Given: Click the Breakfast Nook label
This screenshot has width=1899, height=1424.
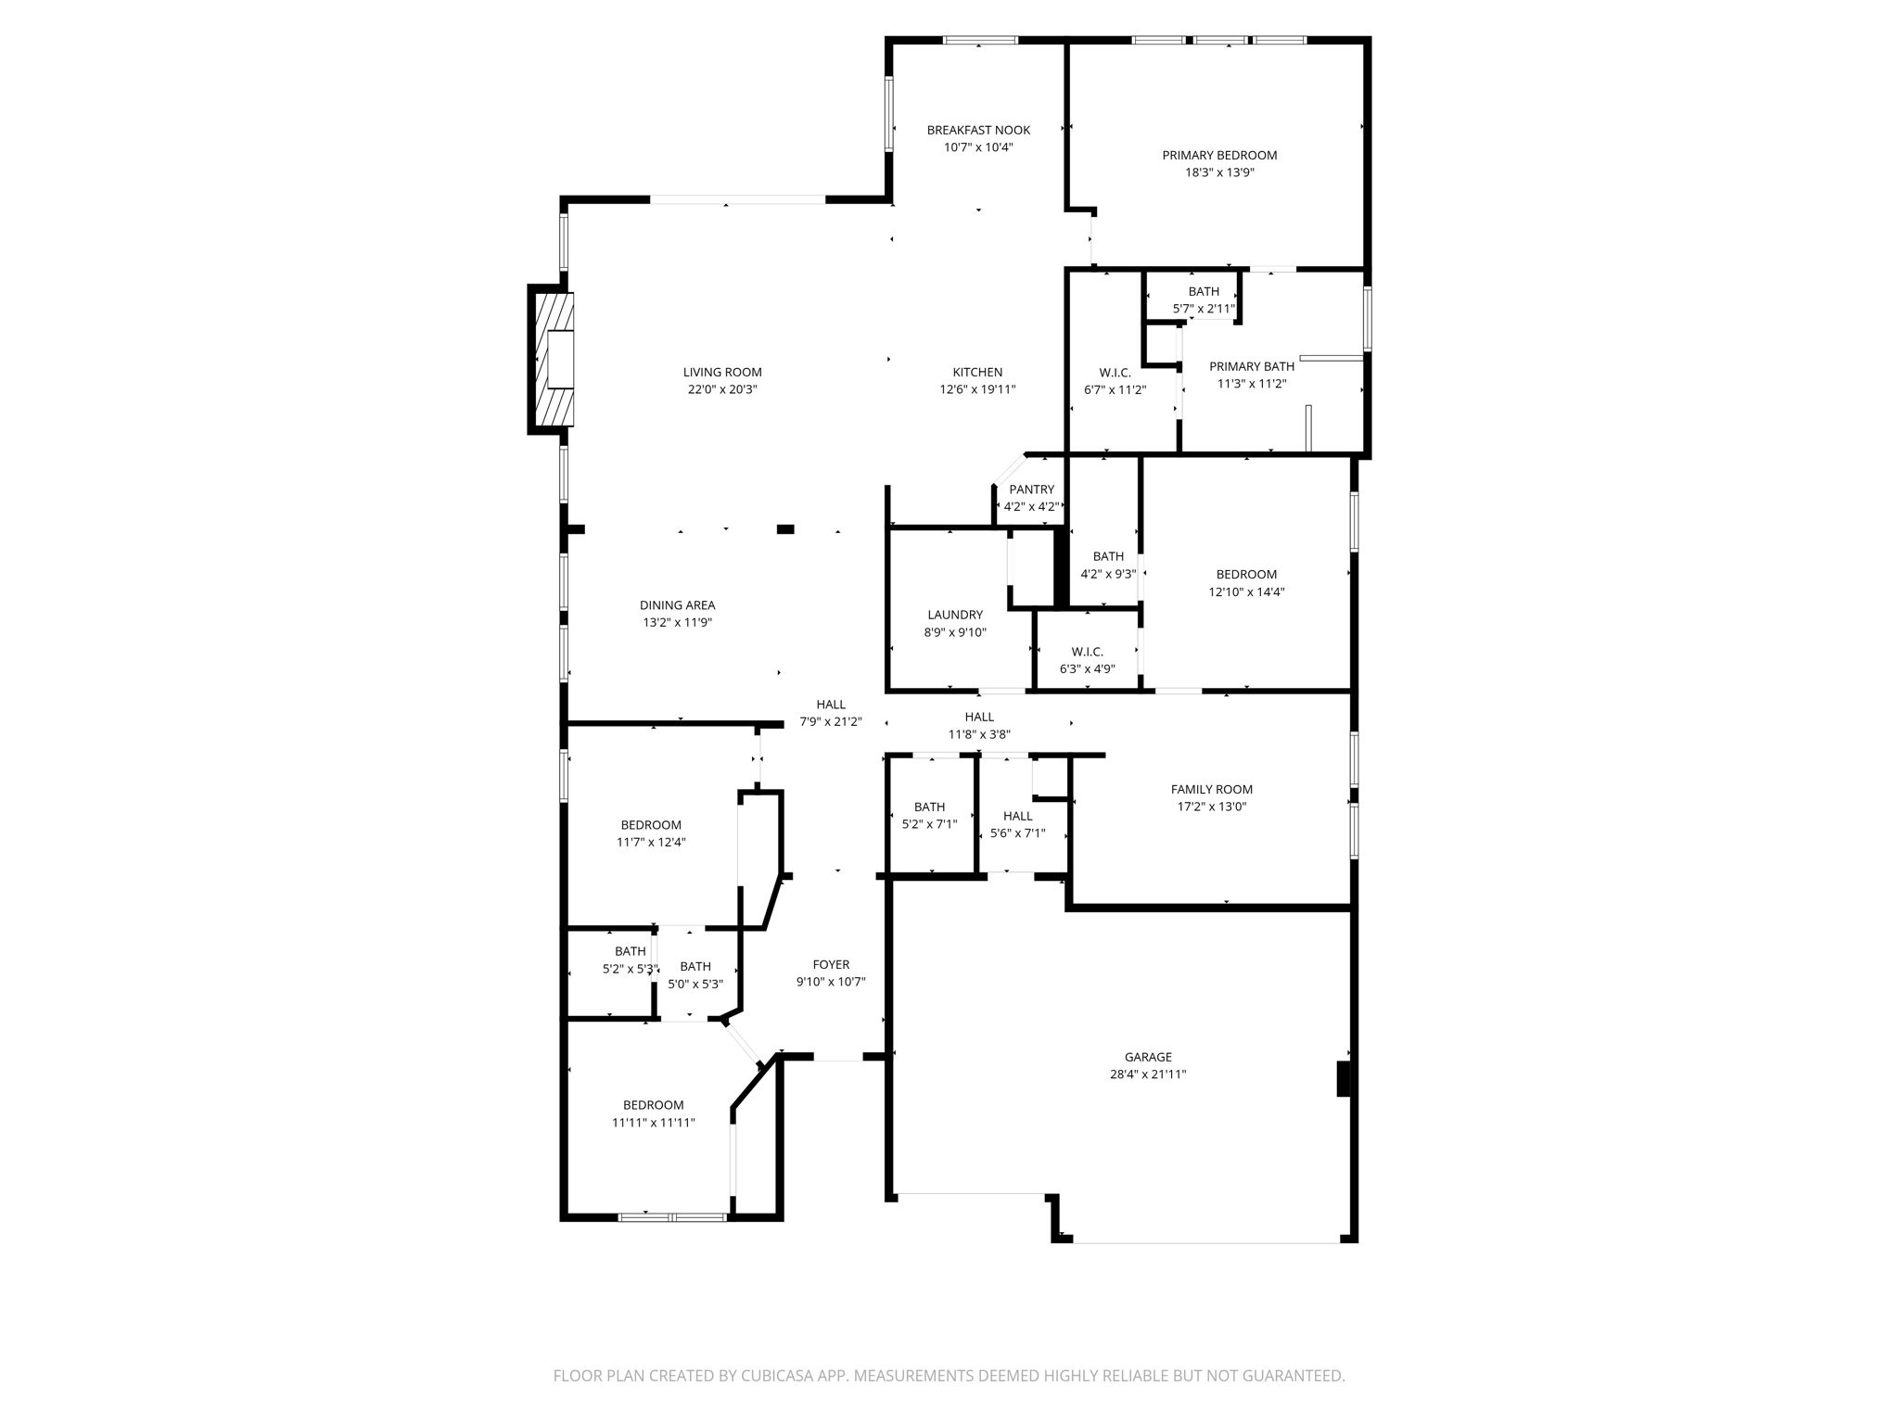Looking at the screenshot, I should click(978, 130).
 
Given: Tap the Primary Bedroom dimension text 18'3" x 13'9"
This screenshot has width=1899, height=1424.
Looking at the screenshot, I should click(1219, 172).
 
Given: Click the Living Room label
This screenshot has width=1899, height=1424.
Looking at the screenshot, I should click(722, 372).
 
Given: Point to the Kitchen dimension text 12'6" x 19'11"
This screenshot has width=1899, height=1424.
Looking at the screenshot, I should click(977, 390).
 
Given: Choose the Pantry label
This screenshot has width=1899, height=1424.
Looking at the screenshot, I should click(1031, 489).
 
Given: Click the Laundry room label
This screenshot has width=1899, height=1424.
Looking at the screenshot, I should click(955, 615).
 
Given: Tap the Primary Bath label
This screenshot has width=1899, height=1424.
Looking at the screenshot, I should click(1251, 366).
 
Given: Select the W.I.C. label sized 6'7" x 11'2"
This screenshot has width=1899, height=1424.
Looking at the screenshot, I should click(1115, 373).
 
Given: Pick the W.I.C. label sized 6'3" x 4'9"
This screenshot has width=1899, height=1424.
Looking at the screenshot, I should click(1087, 652).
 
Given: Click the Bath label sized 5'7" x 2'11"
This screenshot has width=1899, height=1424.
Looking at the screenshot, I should click(1204, 291).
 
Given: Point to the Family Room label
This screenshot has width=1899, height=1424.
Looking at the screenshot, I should click(1211, 789).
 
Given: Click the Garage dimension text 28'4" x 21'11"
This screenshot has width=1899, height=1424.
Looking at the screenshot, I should click(1148, 1074).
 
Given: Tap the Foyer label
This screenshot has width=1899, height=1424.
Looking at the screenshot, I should click(831, 964).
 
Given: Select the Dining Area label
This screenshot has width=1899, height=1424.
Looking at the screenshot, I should click(677, 605).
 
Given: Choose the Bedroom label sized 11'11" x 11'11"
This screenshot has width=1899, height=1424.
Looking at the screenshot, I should click(653, 1105).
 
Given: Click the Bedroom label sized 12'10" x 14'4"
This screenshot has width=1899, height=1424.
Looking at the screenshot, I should click(1246, 574).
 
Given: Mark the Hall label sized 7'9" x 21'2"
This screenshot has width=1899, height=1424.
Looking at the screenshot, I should click(831, 704).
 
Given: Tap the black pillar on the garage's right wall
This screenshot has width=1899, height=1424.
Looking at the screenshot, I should click(1343, 1079).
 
